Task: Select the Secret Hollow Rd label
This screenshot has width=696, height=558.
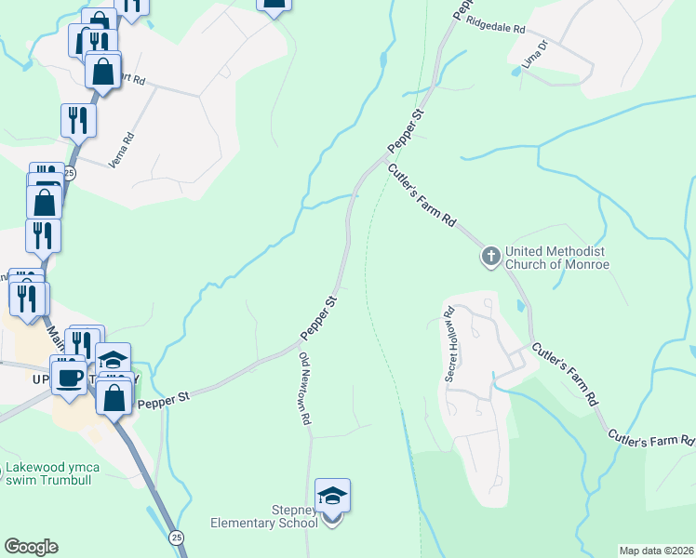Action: [x=451, y=344]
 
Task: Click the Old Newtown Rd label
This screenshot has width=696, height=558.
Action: [x=304, y=389]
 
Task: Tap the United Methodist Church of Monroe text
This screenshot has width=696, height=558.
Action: [x=556, y=258]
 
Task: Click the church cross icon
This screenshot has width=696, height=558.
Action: [x=490, y=255]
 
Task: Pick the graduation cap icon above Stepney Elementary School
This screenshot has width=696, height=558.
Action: [x=332, y=496]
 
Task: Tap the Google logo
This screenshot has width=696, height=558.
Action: [x=31, y=547]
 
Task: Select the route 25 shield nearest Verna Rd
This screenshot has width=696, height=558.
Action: [x=71, y=174]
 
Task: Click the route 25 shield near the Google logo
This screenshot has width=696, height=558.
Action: [x=176, y=538]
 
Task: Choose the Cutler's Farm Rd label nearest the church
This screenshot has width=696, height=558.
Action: [x=422, y=196]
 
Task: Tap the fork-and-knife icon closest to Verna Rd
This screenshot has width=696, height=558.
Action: [x=77, y=119]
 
